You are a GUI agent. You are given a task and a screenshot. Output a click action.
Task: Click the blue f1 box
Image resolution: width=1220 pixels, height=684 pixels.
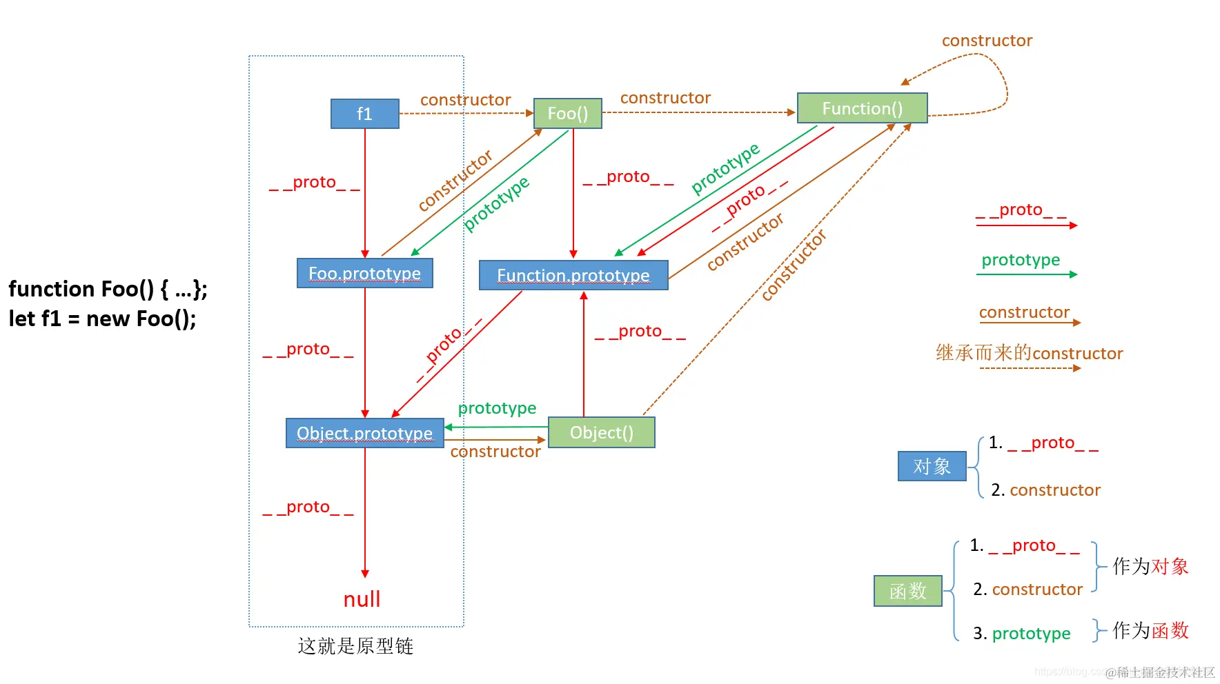(x=365, y=114)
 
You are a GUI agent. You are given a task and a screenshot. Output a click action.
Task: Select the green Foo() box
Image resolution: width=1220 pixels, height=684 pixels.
(x=567, y=114)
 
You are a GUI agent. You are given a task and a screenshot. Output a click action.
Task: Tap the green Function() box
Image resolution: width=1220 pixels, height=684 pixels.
(x=862, y=108)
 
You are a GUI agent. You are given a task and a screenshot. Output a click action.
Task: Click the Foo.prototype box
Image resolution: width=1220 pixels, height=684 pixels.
(x=364, y=274)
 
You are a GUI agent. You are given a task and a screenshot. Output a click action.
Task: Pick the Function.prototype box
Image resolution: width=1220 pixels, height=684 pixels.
(x=573, y=276)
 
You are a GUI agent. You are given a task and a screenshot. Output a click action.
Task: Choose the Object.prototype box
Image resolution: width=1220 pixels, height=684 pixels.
(x=364, y=433)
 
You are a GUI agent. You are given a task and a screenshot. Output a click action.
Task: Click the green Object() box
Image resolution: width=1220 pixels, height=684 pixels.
(x=601, y=433)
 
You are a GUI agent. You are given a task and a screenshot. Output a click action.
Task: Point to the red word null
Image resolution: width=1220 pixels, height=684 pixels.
(x=362, y=599)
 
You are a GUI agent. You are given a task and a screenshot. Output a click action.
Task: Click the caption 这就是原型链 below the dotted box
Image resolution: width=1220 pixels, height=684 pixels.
(x=355, y=646)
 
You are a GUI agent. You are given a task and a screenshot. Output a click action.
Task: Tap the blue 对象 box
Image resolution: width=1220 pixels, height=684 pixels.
(x=932, y=467)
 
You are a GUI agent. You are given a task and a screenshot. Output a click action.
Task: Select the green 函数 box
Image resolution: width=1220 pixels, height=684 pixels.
(x=907, y=592)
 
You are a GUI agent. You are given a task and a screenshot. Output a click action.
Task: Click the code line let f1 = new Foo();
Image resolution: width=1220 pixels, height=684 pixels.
(x=102, y=319)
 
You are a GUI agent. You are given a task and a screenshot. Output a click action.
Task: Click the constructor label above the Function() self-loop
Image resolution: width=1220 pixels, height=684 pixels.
(x=987, y=41)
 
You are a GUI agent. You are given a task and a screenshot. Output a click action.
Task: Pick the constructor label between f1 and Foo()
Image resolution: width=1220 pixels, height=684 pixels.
(x=465, y=100)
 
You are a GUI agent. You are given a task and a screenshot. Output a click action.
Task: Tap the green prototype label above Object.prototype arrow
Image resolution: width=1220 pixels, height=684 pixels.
(x=497, y=408)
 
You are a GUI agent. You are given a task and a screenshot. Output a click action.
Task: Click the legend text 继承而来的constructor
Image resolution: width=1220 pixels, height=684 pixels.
(x=1029, y=354)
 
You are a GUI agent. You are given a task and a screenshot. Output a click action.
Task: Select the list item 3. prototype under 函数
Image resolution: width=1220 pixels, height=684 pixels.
(x=1021, y=634)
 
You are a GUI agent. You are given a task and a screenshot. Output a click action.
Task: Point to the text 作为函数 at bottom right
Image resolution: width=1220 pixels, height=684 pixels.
(x=1150, y=630)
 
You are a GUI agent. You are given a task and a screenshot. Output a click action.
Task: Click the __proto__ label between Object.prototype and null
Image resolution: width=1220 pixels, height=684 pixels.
(x=308, y=507)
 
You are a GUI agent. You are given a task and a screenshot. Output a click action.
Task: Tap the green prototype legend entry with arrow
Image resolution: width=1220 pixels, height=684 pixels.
(x=1021, y=261)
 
